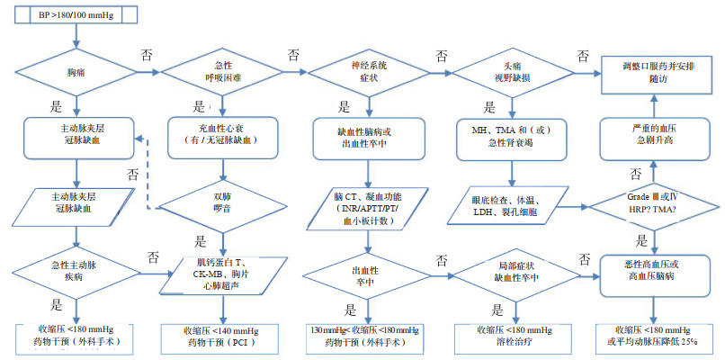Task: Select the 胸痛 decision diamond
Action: click(78, 73)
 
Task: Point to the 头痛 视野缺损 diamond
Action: click(512, 73)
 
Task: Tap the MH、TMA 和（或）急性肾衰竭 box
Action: click(512, 135)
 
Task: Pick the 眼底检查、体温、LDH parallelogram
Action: click(508, 203)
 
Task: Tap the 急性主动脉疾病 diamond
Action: click(78, 270)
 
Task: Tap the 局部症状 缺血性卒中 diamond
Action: click(512, 270)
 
